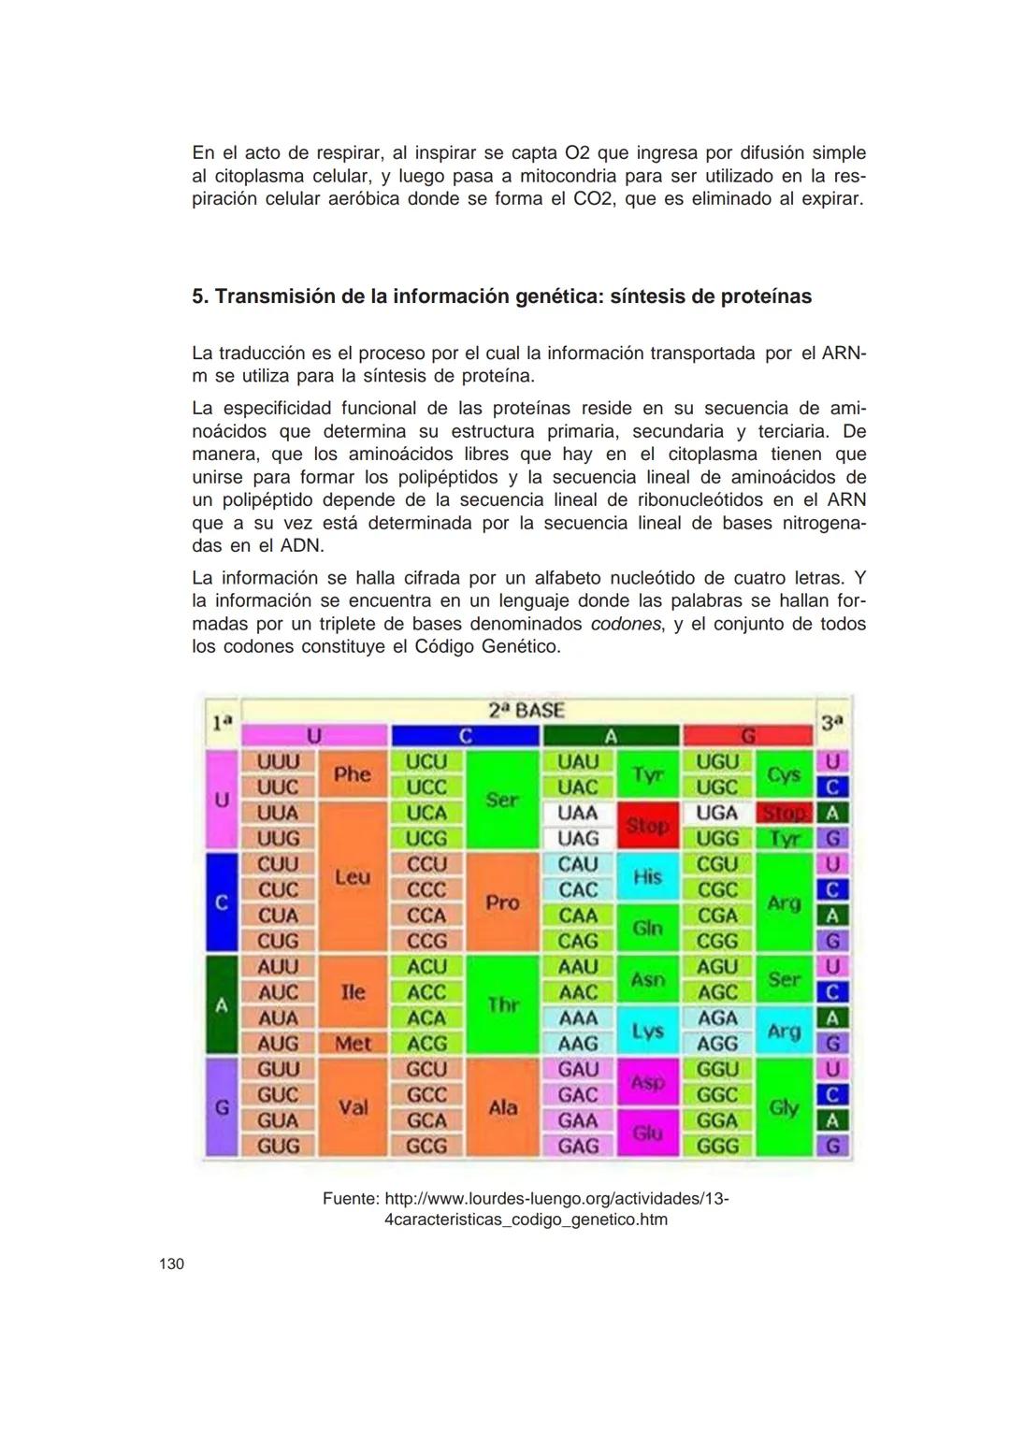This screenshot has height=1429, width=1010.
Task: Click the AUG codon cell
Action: [279, 1043]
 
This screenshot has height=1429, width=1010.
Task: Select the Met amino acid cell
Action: [353, 1043]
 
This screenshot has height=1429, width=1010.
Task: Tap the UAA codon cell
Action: [579, 813]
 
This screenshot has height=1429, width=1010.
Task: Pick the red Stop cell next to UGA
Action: [783, 813]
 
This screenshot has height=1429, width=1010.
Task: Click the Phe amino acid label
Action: [353, 774]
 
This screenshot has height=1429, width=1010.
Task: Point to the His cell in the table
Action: [647, 877]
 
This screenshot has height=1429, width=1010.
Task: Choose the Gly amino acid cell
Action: [784, 1107]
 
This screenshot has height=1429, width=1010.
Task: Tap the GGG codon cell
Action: [717, 1146]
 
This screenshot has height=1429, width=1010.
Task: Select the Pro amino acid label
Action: [502, 902]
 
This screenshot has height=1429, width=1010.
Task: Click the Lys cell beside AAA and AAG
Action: [647, 1031]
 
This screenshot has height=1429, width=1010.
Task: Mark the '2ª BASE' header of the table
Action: [527, 711]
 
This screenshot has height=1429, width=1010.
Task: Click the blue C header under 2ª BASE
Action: [465, 737]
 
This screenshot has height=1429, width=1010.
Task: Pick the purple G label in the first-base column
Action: [222, 1107]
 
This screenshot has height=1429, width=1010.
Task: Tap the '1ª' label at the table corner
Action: [222, 723]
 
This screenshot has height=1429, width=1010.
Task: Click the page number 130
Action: [172, 1264]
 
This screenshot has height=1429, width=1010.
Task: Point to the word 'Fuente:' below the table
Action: [351, 1198]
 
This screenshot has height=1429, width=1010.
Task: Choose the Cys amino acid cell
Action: [784, 774]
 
